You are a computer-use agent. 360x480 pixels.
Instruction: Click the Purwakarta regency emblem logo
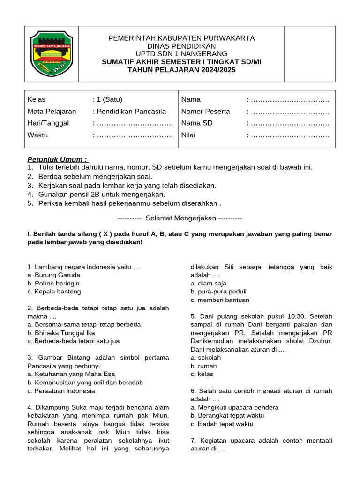[x=51, y=53]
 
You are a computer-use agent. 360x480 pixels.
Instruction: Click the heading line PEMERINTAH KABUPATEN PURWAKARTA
[x=181, y=38]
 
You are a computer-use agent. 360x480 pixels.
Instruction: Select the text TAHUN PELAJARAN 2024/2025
[x=181, y=70]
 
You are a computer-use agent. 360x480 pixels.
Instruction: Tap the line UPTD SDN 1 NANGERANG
[x=181, y=54]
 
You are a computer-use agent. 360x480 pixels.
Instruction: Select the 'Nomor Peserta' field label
[x=206, y=112]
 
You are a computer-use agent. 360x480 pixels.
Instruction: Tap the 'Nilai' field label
[x=188, y=135]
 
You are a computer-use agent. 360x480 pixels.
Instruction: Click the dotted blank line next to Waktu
[x=135, y=135]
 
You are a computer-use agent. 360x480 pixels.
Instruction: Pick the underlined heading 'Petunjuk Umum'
[x=57, y=159]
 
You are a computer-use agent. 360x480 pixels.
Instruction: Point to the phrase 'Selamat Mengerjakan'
[x=180, y=218]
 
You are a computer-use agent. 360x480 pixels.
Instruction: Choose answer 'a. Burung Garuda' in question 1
[x=54, y=275]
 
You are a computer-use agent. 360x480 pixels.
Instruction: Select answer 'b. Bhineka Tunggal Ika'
[x=61, y=333]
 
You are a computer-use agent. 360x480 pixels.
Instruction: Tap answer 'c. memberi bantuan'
[x=220, y=300]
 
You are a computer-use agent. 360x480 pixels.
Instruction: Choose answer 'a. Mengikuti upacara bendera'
[x=234, y=407]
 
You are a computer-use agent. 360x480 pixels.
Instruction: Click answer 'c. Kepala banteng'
[x=54, y=292]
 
